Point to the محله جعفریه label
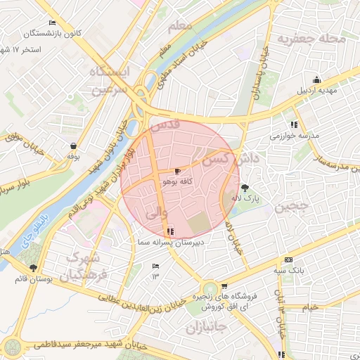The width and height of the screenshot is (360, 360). (311, 39)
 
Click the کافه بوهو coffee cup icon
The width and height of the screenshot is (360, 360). (177, 171)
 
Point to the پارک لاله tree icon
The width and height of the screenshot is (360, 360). (245, 187)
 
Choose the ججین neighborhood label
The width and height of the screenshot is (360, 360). (290, 207)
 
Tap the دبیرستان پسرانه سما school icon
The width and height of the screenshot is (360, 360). (170, 231)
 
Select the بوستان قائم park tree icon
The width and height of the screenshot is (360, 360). (33, 268)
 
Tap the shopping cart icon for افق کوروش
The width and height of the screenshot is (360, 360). (224, 286)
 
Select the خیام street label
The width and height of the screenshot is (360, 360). (310, 308)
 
